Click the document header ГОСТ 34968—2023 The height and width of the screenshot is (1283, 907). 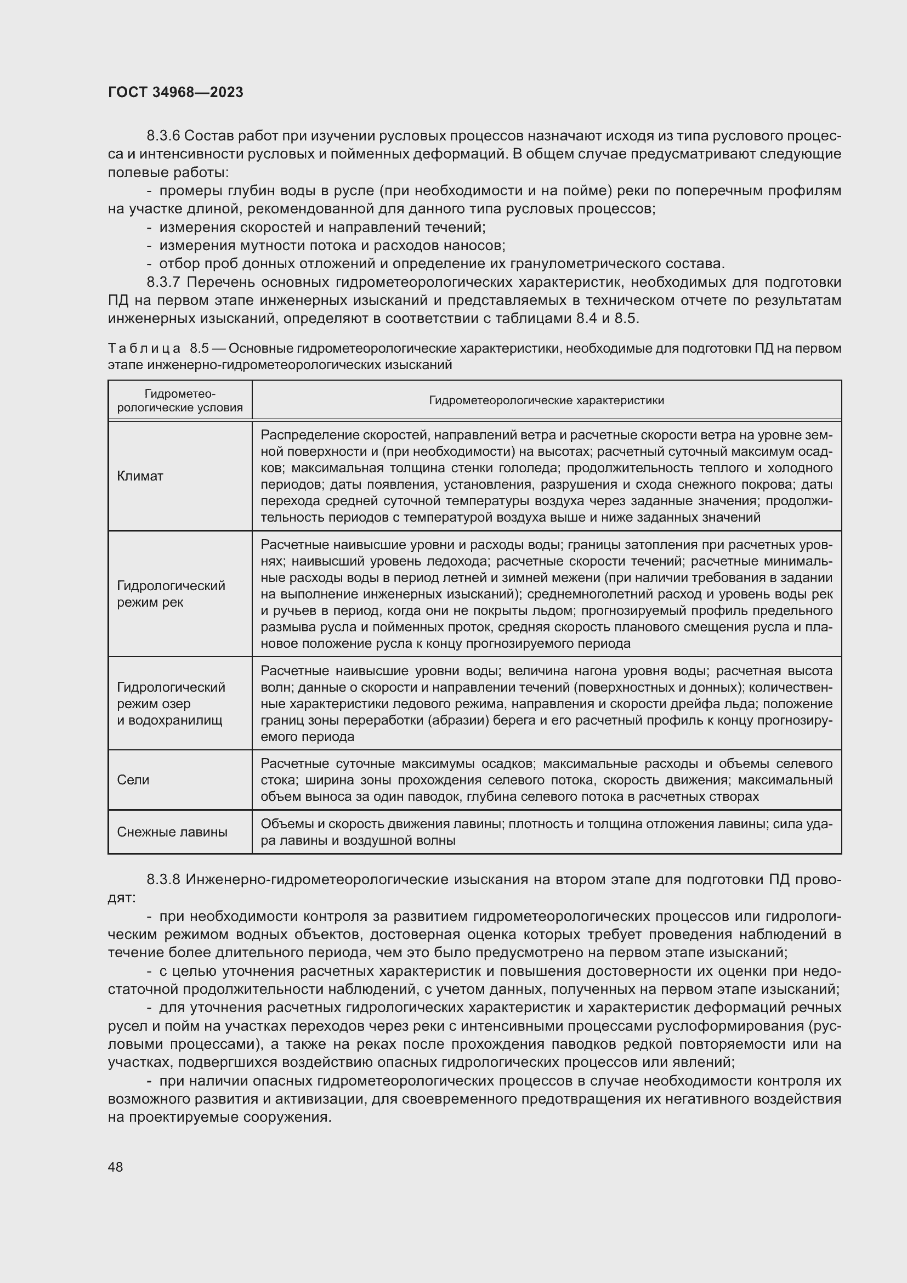point(175,92)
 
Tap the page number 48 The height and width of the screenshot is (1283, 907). point(116,1167)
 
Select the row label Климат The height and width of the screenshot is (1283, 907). point(140,476)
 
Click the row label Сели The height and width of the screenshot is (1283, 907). point(133,780)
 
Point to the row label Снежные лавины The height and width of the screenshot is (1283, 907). point(172,832)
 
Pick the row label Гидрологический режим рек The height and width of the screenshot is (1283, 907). point(171,594)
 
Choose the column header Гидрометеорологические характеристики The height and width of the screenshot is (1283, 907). point(546,400)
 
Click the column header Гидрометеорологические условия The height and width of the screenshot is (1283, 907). point(180,400)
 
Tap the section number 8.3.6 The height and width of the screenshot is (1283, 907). point(163,136)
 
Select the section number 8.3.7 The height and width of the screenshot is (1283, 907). point(163,282)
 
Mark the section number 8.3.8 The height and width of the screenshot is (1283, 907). point(163,879)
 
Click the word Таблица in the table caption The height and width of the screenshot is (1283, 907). point(144,349)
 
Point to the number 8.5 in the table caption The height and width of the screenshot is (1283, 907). point(199,349)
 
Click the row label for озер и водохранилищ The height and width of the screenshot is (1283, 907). point(171,704)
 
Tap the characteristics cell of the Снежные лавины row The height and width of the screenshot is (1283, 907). point(546,832)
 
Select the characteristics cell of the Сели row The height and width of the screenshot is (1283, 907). point(546,780)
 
